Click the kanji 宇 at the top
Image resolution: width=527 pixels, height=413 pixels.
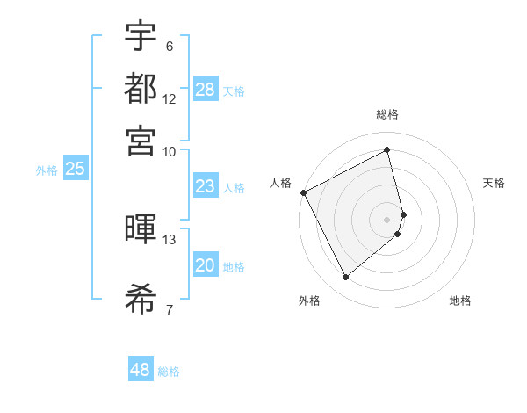141,36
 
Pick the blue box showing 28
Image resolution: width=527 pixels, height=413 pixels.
206,89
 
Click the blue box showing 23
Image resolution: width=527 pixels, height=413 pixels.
206,186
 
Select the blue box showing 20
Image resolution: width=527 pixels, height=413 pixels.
206,266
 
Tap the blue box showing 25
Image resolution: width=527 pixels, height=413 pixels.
75,170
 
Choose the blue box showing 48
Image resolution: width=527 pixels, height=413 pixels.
141,370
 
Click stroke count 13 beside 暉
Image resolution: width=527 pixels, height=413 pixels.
170,239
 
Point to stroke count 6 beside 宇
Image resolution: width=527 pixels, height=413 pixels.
170,47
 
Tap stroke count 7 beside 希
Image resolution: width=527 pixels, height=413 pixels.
170,308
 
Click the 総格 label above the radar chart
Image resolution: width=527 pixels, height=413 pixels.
387,114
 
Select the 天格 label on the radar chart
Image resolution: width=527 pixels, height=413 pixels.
494,183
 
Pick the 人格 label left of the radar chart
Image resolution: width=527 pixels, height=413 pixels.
280,183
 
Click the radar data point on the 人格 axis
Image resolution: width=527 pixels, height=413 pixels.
303,192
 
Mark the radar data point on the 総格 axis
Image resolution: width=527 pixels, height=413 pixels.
387,149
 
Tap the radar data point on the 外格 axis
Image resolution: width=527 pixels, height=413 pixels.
345,278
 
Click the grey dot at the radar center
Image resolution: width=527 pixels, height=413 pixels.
387,219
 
